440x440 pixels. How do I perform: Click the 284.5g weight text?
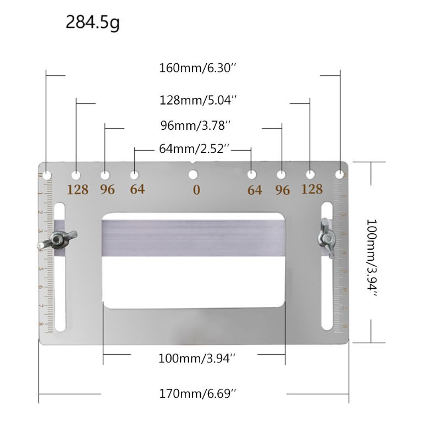tap(92, 23)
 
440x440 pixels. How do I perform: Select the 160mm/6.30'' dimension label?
tap(197, 69)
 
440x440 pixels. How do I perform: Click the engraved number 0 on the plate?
tap(196, 190)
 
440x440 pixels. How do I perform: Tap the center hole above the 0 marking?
tap(193, 175)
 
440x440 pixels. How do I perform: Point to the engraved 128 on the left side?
tap(78, 190)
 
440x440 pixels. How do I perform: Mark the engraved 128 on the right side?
tap(311, 189)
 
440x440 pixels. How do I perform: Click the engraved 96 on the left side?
tap(107, 190)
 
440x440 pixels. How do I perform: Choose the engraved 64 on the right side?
tap(255, 190)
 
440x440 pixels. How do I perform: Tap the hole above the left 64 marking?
tap(134, 175)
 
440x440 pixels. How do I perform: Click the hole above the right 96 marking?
tap(281, 175)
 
